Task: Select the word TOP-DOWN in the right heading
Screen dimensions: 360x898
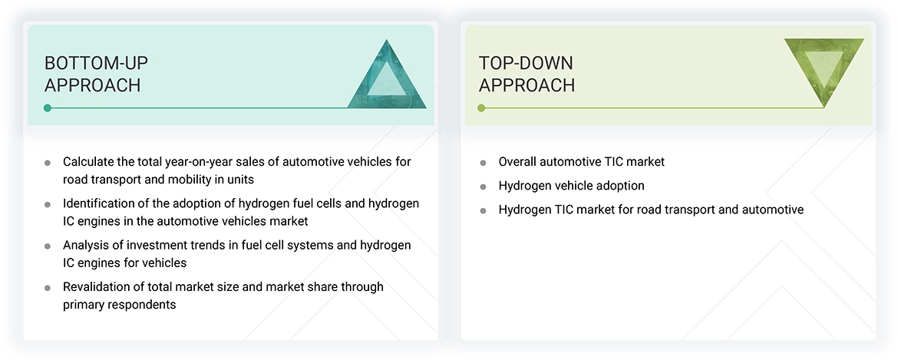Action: (526, 63)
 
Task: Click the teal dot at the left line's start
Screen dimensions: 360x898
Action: (48, 108)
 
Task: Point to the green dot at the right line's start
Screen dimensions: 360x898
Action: (481, 108)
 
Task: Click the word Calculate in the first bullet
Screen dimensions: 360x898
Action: (88, 162)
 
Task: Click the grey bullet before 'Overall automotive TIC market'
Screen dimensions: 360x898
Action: (483, 163)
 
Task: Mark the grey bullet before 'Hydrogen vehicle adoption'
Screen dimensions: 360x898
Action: (483, 187)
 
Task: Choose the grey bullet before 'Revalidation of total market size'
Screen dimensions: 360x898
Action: (48, 288)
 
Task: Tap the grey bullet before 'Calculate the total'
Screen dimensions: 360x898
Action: (48, 163)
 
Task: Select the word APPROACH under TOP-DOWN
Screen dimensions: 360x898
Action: (527, 85)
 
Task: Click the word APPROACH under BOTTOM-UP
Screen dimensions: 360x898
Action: (92, 85)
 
